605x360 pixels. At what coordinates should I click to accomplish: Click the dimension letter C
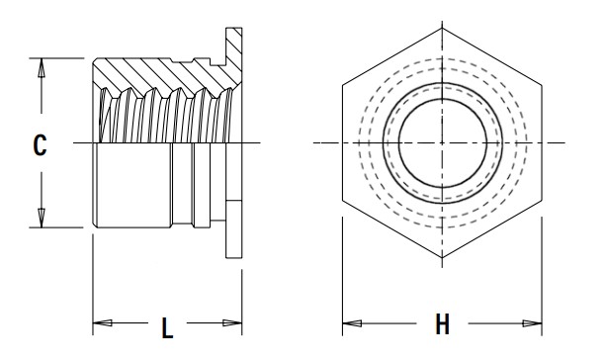click(40, 145)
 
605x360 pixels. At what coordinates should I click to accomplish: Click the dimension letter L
click(167, 328)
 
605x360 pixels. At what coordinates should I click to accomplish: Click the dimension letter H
click(442, 324)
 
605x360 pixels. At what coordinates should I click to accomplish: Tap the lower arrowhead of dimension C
click(42, 218)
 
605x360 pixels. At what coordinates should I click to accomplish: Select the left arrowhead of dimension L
click(103, 322)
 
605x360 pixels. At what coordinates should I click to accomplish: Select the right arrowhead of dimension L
click(232, 322)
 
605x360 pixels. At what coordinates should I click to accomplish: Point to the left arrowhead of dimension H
click(352, 323)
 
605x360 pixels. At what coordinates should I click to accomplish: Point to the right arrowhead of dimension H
click(533, 323)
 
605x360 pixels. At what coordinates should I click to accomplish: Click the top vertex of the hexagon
click(442, 28)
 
